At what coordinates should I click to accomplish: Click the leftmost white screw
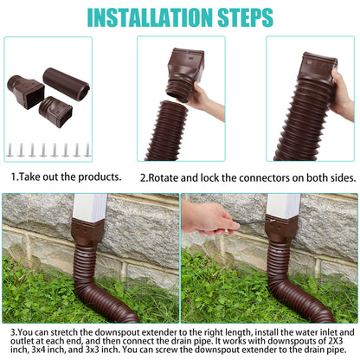click(x=11, y=150)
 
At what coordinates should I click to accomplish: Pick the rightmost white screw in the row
click(x=87, y=150)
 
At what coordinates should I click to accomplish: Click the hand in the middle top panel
click(x=202, y=100)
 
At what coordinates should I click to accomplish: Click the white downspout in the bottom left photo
click(x=89, y=207)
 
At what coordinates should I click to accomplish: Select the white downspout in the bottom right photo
click(x=283, y=205)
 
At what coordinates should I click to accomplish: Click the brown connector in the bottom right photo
click(x=281, y=232)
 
